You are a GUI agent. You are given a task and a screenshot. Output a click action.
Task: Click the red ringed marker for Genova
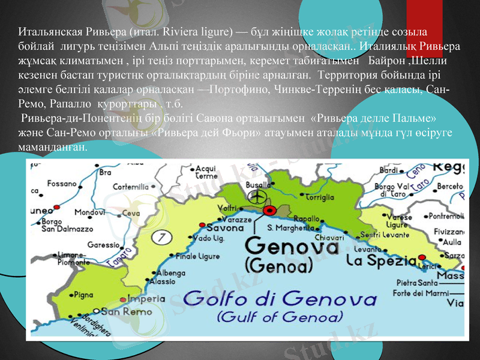(269, 209)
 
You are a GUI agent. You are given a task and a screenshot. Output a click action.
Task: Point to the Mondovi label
(90, 212)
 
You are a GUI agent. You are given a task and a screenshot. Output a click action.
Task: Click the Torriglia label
(319, 196)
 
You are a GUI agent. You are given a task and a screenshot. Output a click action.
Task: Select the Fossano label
(62, 182)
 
